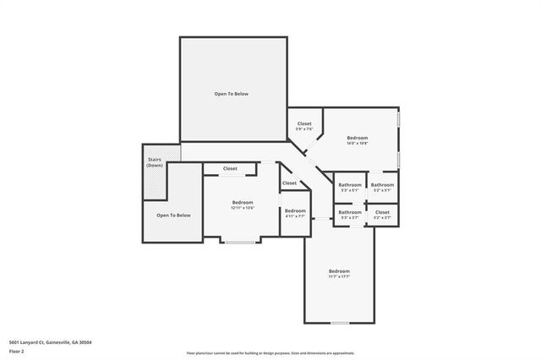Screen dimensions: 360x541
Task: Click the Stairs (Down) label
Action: pos(155,162)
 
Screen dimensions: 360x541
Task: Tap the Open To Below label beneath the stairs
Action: pos(173,215)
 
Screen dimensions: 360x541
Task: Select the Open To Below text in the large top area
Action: pos(231,94)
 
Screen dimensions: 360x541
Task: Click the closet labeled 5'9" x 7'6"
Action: pos(304,127)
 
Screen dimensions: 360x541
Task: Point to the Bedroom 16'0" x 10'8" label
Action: pos(357,140)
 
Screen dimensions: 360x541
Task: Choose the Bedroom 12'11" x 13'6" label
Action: pos(243,205)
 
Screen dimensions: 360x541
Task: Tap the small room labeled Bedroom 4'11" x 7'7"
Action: pos(295,214)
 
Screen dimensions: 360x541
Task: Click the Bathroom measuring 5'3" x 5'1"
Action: pos(350,187)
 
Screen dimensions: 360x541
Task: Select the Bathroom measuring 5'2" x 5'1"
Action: pos(382,187)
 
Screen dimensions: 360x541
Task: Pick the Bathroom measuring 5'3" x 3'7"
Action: pos(350,215)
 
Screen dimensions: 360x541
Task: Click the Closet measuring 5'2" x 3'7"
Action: pos(382,215)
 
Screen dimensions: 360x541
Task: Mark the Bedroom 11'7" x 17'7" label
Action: pos(339,274)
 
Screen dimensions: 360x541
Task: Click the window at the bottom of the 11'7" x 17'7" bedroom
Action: pos(339,323)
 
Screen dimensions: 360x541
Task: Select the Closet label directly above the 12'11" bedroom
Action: pos(230,169)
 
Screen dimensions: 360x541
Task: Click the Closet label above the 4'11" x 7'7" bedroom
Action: pos(290,183)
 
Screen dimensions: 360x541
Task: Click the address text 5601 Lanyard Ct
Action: pos(50,342)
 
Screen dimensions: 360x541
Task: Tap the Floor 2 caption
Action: pos(16,351)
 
